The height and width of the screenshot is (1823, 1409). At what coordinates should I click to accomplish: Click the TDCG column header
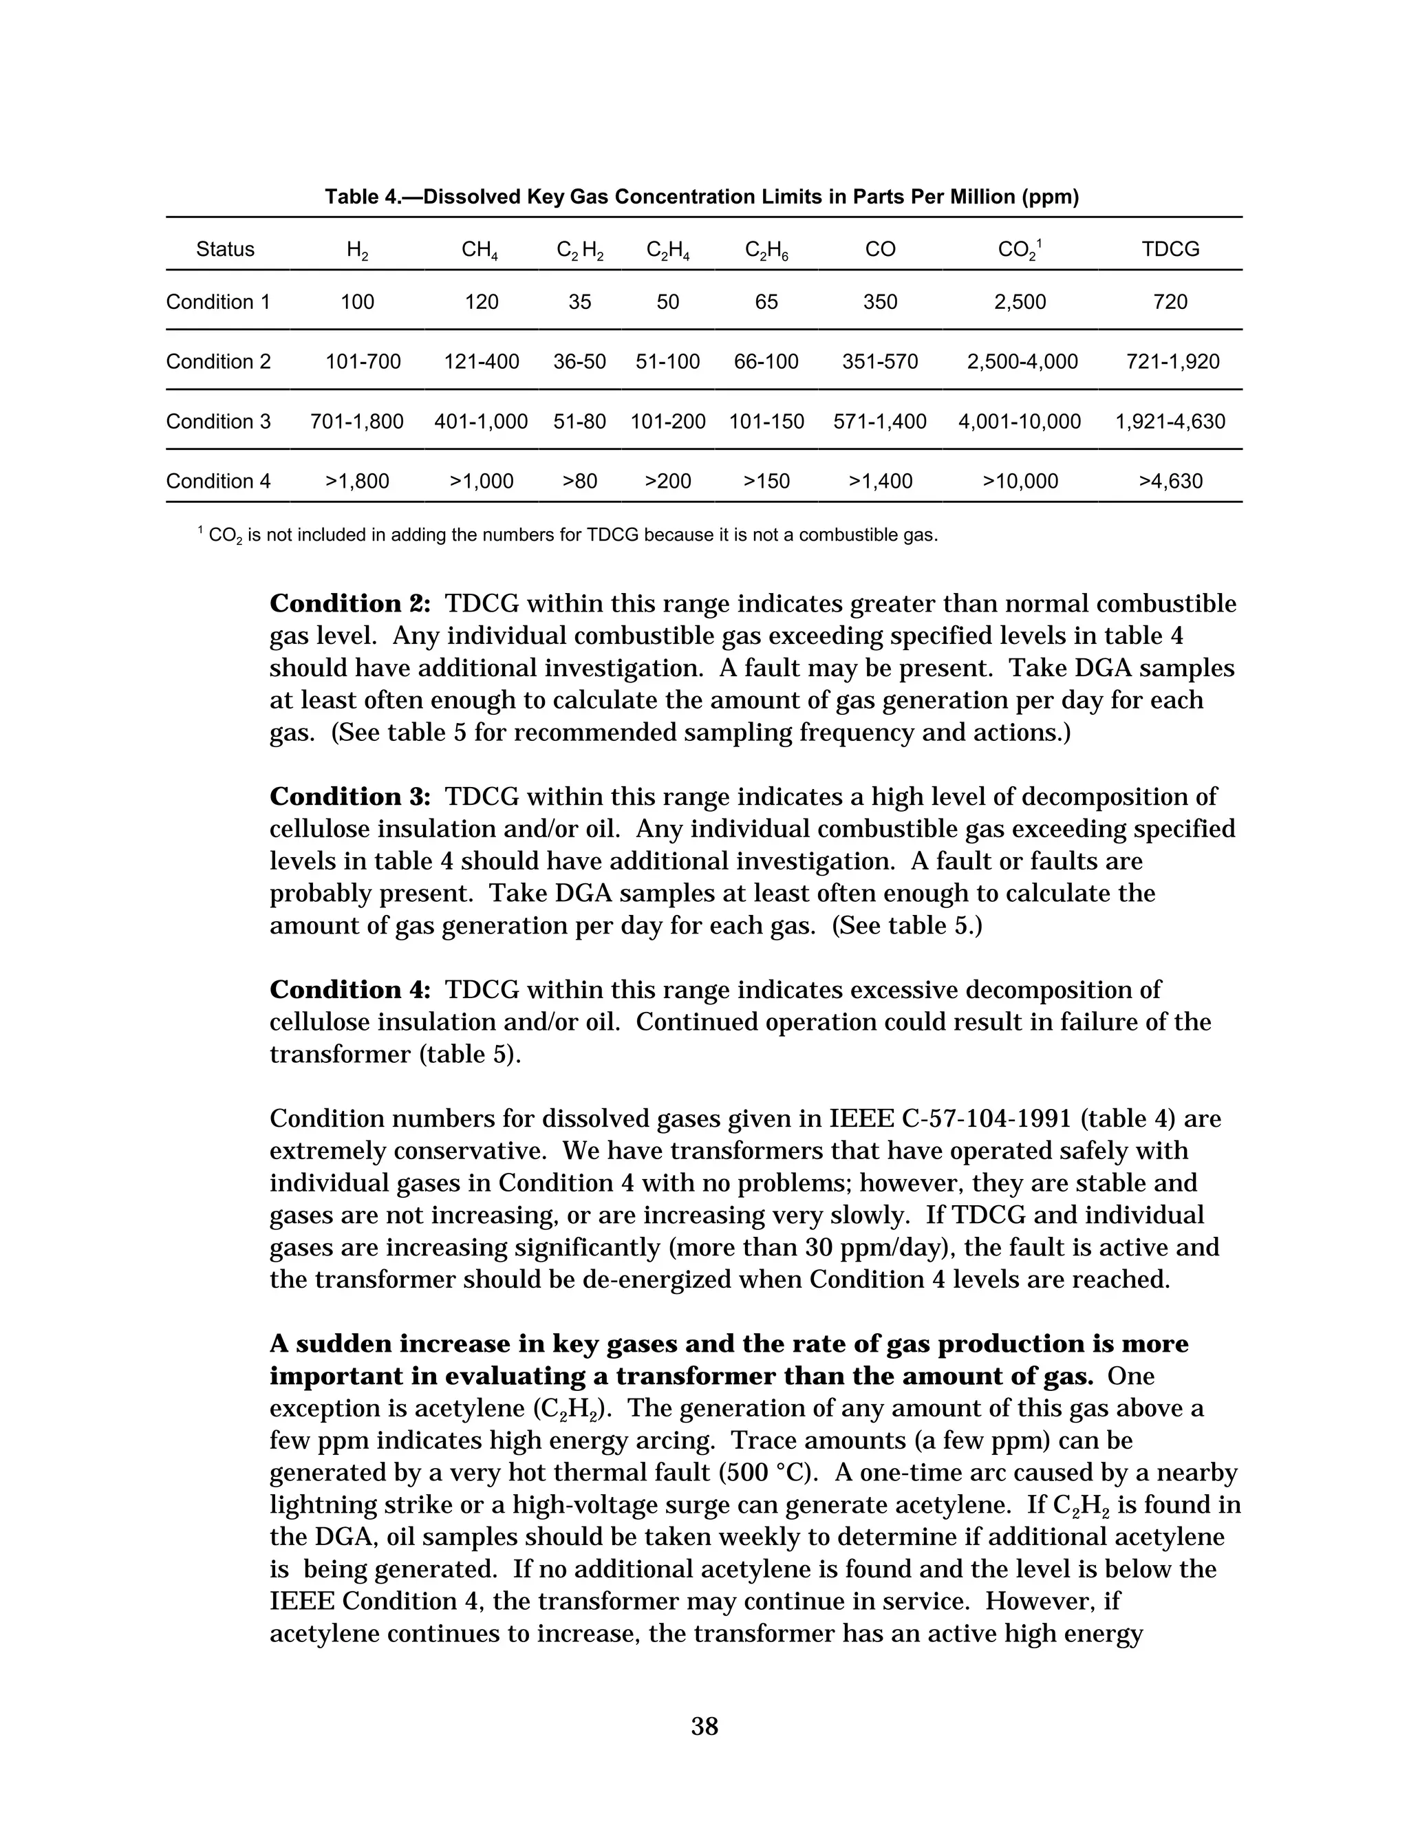click(1170, 250)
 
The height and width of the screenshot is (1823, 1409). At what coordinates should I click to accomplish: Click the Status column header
click(226, 250)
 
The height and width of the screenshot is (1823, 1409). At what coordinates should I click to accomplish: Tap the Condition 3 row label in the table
click(219, 422)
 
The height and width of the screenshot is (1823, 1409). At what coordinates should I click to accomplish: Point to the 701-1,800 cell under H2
click(356, 422)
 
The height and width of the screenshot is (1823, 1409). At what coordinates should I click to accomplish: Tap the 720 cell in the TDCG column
click(1170, 302)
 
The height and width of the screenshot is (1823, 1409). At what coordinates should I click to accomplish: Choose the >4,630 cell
click(1170, 482)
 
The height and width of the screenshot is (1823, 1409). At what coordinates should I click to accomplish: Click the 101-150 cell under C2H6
click(766, 422)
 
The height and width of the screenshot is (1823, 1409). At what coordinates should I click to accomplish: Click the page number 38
click(704, 1726)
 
